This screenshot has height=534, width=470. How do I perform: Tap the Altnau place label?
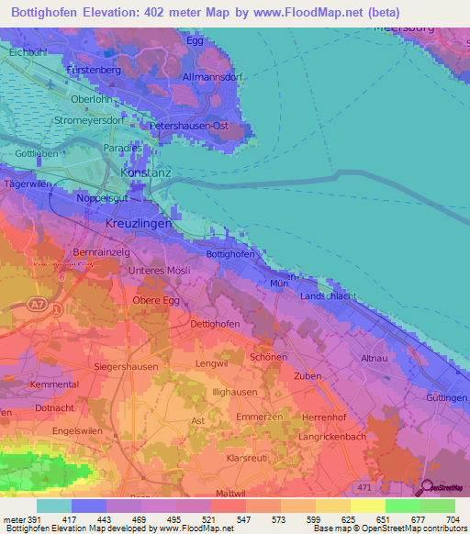[375, 357]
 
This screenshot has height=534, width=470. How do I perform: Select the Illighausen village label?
[231, 391]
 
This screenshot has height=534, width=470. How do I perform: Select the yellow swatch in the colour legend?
[367, 506]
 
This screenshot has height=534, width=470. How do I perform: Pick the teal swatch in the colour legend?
[53, 506]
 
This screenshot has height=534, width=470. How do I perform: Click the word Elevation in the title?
[110, 13]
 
